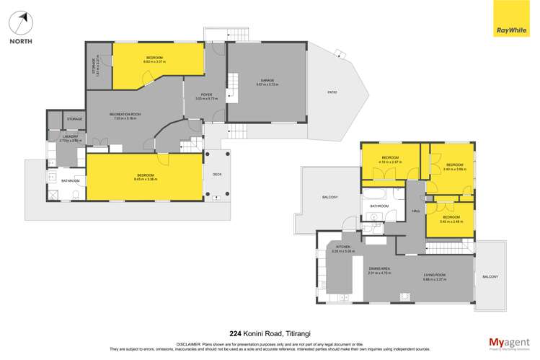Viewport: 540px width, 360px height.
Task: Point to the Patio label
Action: pyautogui.click(x=332, y=92)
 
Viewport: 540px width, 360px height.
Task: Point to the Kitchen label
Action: pyautogui.click(x=342, y=247)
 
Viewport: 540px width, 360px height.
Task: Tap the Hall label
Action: pyautogui.click(x=415, y=211)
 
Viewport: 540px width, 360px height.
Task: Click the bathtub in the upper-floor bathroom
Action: pyautogui.click(x=376, y=195)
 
